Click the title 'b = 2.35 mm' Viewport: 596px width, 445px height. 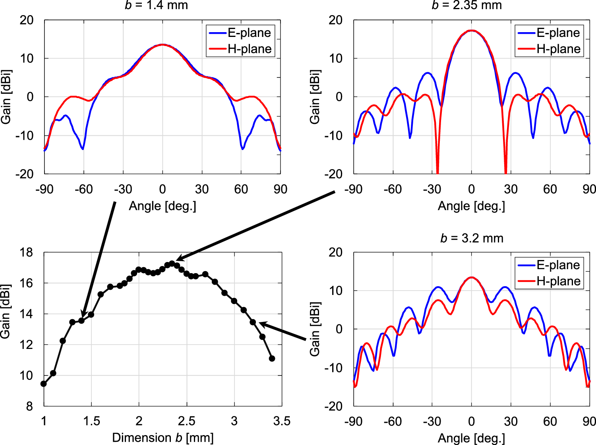[466, 5]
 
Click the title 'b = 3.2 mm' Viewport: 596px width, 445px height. [472, 238]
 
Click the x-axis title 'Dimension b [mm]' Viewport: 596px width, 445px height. [163, 437]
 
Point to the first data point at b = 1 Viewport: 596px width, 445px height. [44, 384]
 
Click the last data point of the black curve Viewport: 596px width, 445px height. [272, 358]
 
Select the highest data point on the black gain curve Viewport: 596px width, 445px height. [172, 263]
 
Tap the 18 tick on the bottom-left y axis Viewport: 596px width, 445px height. [27, 252]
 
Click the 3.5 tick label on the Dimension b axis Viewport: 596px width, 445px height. [282, 421]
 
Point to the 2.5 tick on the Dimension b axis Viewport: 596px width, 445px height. [186, 421]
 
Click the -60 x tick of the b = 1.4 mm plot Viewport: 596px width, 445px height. [83, 189]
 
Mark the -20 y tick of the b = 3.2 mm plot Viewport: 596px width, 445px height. [333, 406]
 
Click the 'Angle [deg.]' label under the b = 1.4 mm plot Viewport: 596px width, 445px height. [163, 206]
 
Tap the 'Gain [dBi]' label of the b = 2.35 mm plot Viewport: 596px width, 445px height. [315, 97]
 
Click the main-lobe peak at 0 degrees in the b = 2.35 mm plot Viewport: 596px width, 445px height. [472, 31]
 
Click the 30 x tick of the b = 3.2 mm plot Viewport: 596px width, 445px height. [511, 421]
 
